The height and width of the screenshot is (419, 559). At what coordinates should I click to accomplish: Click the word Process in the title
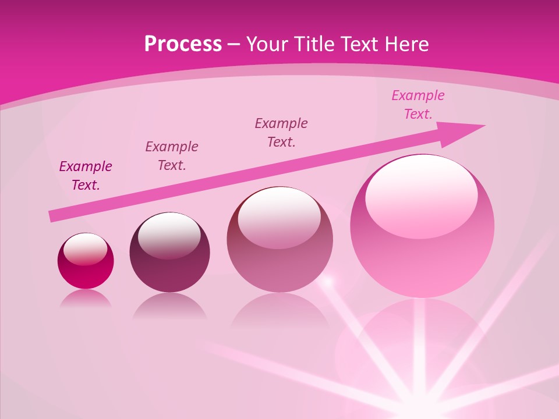183,44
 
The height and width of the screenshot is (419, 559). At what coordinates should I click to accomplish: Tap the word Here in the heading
406,44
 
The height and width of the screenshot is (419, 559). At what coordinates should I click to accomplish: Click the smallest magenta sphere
86,262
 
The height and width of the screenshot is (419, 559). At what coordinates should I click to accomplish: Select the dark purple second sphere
169,256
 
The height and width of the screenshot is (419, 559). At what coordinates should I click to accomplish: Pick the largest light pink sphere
422,233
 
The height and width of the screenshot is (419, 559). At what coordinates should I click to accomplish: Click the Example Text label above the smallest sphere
86,176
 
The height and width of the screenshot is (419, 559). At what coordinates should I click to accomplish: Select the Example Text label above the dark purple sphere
172,156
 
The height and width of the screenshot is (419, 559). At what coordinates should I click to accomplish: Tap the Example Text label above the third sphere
281,133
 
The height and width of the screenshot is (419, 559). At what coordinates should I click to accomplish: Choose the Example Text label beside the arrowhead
418,105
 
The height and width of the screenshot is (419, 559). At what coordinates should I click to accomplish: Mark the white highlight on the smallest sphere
85,249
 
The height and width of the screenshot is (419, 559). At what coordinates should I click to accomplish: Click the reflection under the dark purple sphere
169,307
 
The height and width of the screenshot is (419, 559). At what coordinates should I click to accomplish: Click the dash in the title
234,45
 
